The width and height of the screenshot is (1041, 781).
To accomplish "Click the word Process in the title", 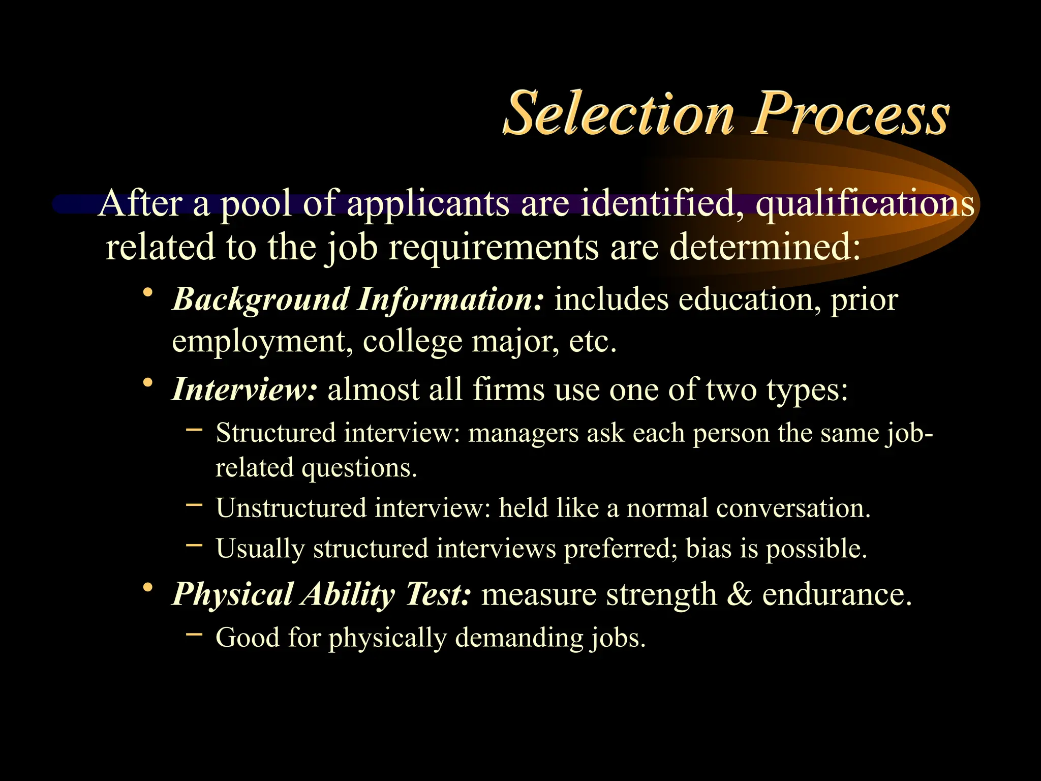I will (851, 114).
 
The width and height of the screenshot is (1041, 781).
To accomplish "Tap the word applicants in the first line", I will (428, 203).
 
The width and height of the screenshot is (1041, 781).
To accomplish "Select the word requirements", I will (494, 247).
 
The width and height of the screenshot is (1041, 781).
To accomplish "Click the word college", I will (412, 342).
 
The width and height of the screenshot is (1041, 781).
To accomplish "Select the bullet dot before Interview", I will (148, 382).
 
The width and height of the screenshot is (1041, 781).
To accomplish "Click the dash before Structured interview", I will (194, 430).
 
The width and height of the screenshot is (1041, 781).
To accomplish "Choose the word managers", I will (523, 434).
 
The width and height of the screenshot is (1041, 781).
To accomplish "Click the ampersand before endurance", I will (740, 594).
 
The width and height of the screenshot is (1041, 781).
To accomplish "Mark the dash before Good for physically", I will (194, 634).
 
